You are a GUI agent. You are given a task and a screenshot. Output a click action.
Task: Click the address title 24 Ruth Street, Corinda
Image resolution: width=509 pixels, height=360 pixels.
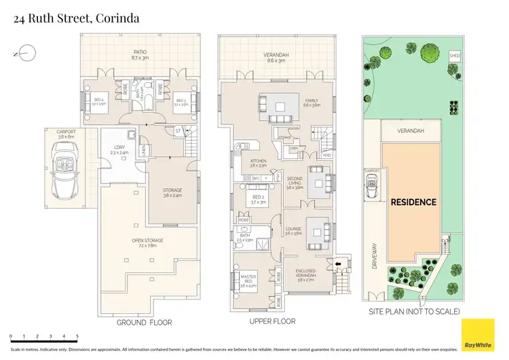pyautogui.click(x=77, y=18)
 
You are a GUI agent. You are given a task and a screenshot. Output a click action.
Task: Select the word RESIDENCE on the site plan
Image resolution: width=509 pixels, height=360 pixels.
pyautogui.click(x=413, y=202)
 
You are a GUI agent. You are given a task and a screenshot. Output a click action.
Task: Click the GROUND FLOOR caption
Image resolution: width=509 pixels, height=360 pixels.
pyautogui.click(x=144, y=323)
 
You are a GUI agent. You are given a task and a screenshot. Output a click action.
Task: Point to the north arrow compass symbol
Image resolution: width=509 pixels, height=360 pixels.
pyautogui.click(x=24, y=52)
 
